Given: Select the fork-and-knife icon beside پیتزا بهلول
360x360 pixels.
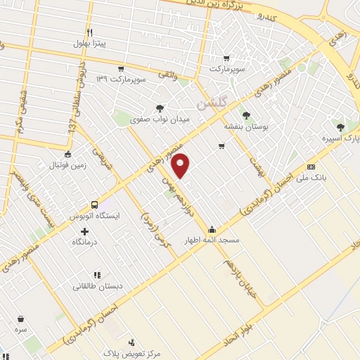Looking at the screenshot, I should pyautogui.click(x=89, y=32).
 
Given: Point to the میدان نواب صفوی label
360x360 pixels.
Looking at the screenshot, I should pyautogui.click(x=161, y=120).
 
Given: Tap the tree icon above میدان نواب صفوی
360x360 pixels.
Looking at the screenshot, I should pyautogui.click(x=161, y=108).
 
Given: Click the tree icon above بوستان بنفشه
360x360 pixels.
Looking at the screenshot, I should pyautogui.click(x=245, y=115).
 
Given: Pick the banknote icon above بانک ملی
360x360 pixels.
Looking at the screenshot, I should pyautogui.click(x=311, y=167).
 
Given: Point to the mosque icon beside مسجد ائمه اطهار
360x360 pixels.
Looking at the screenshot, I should pyautogui.click(x=212, y=229).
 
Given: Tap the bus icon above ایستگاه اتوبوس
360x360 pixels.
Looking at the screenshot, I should pyautogui.click(x=84, y=205).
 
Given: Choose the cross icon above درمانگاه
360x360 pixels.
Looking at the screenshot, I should pyautogui.click(x=85, y=231).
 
